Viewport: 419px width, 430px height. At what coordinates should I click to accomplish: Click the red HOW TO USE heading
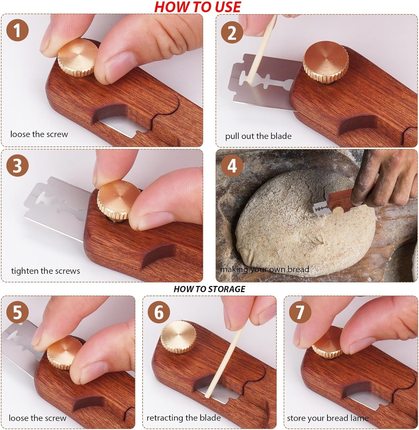click(197, 7)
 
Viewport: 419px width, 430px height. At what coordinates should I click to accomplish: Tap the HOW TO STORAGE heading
click(209, 289)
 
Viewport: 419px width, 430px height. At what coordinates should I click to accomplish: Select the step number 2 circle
click(232, 33)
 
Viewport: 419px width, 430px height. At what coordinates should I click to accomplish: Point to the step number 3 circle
click(17, 166)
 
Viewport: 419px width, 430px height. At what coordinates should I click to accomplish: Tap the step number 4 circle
click(232, 166)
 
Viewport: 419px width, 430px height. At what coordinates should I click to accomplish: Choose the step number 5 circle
click(17, 313)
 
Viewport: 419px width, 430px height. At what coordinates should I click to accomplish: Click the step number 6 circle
click(159, 313)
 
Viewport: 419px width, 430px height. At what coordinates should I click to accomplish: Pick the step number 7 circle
click(300, 313)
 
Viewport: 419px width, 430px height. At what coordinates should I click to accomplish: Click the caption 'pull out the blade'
click(258, 136)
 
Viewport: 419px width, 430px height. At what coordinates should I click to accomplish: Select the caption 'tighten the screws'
click(46, 271)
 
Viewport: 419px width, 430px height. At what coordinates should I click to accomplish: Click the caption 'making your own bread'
click(264, 270)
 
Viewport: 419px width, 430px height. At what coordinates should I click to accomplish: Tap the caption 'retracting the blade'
click(184, 418)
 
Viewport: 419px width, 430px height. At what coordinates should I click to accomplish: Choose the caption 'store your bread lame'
click(328, 418)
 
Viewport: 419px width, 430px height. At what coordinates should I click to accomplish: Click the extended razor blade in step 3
click(55, 206)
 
